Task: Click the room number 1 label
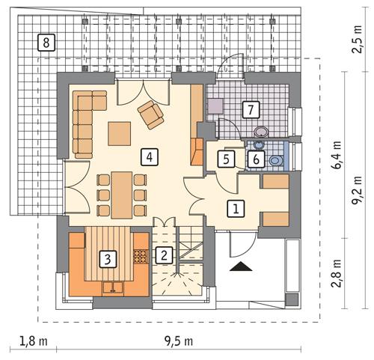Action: pyautogui.click(x=235, y=209)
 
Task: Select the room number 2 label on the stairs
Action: pyautogui.click(x=162, y=254)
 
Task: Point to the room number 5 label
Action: pyautogui.click(x=224, y=159)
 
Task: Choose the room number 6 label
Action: pyautogui.click(x=255, y=159)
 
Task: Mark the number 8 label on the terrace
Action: pyautogui.click(x=46, y=42)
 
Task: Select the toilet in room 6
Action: pyautogui.click(x=275, y=159)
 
